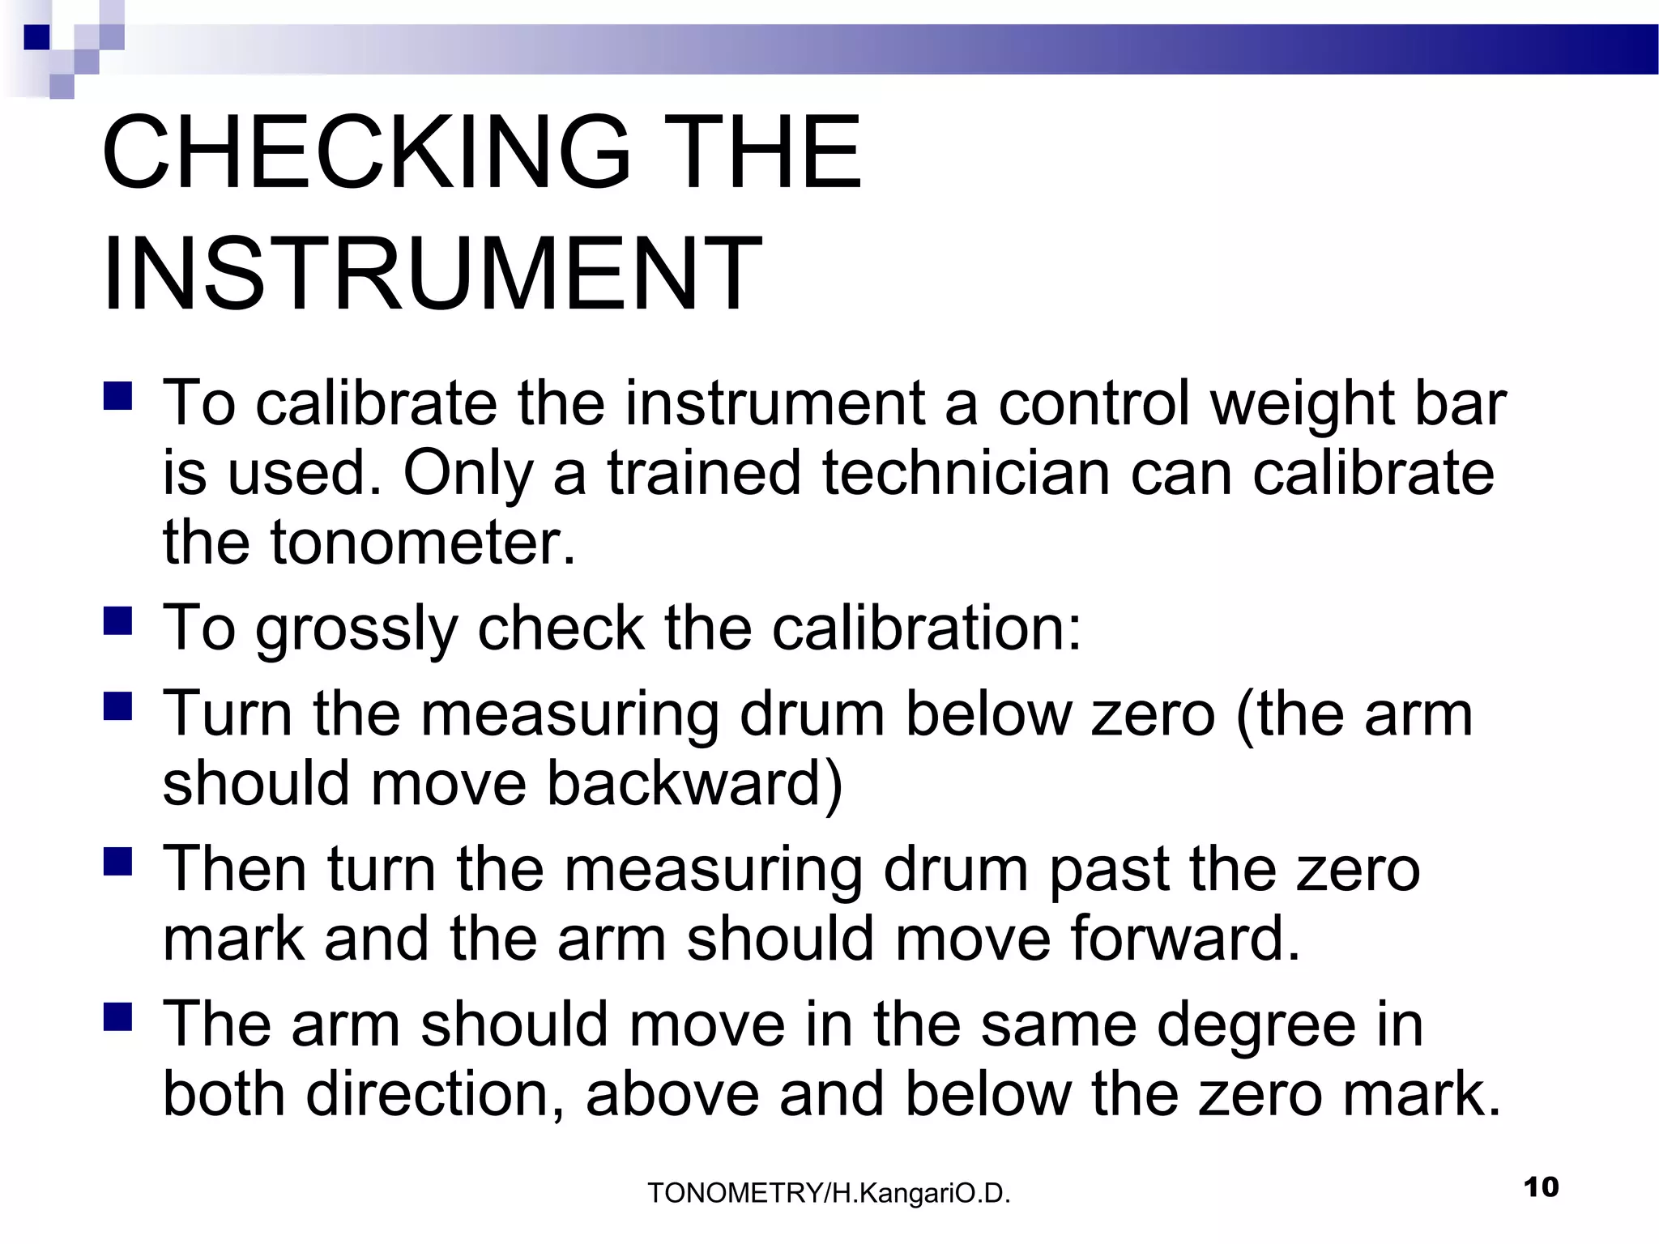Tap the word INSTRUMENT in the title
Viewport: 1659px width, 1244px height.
point(432,273)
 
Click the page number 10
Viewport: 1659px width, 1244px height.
point(1541,1187)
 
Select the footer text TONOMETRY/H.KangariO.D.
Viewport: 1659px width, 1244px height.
point(829,1193)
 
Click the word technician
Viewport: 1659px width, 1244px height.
point(966,473)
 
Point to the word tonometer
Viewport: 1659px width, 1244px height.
point(422,543)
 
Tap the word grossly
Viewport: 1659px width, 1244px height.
point(356,630)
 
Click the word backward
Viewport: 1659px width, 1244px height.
point(694,783)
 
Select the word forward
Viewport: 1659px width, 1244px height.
point(1184,938)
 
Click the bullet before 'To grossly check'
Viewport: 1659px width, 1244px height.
point(118,621)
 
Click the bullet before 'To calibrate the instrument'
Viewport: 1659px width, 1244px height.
point(118,395)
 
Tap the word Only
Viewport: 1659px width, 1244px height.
point(468,473)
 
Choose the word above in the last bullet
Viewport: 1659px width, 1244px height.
point(672,1094)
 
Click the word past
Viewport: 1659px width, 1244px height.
point(1108,870)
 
